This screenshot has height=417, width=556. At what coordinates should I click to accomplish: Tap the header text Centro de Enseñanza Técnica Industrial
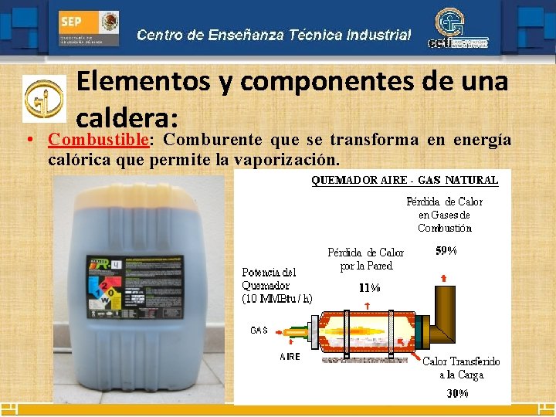274,35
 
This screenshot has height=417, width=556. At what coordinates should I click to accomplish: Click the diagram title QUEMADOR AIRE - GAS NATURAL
405,180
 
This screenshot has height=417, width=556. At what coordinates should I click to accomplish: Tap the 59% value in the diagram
446,251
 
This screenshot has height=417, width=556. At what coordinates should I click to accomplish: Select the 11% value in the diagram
369,287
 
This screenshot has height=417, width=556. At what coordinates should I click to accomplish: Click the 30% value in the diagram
457,393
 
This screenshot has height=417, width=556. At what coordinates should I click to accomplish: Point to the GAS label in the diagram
259,330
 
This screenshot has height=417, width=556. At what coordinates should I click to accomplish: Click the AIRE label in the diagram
290,357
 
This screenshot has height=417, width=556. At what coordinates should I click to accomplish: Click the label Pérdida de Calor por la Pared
365,259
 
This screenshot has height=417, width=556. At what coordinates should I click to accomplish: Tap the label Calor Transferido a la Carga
461,368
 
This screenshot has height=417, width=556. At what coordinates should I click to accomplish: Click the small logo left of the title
44,98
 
